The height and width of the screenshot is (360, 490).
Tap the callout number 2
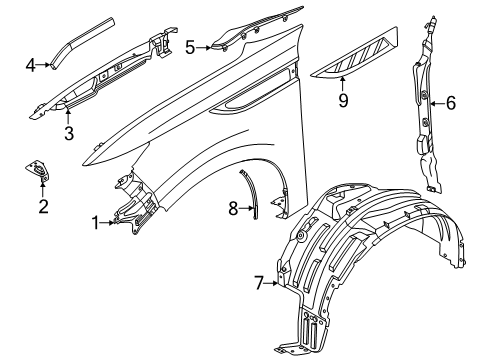pyautogui.click(x=43, y=207)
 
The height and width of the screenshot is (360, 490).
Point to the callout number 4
pyautogui.click(x=31, y=66)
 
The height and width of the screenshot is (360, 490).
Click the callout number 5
pyautogui.click(x=191, y=46)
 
